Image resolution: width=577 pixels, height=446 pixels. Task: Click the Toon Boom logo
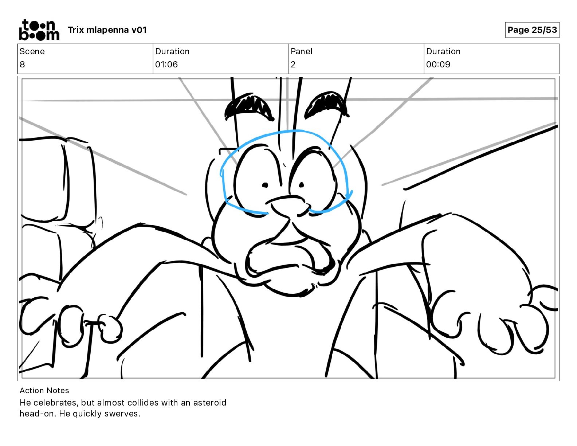(39, 30)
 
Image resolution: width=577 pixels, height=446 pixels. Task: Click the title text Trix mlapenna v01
(107, 30)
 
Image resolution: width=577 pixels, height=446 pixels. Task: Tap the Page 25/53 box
(532, 30)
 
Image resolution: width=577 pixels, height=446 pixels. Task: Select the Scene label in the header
(32, 51)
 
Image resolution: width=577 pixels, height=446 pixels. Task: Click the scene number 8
(22, 64)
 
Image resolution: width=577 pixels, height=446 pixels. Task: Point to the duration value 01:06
(166, 64)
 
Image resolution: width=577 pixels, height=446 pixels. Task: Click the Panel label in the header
(301, 51)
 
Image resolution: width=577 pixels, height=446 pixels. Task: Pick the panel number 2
(293, 64)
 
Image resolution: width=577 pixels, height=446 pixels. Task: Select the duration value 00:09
(438, 64)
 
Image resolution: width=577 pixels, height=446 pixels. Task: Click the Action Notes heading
(44, 391)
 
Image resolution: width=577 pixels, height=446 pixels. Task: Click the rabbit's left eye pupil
(265, 185)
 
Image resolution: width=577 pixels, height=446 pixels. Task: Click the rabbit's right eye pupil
(302, 185)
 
